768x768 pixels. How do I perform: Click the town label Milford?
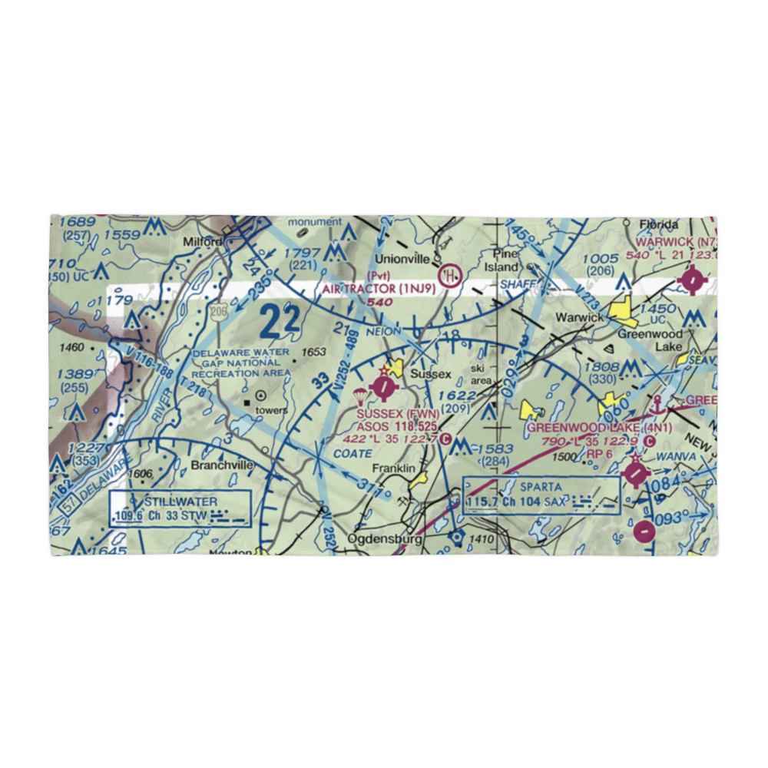tap(203, 241)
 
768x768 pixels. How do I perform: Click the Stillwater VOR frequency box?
tap(180, 507)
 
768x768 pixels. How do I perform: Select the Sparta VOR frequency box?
tap(541, 495)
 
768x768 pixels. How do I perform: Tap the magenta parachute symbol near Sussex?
tap(359, 396)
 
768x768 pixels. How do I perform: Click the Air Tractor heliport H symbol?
tap(449, 273)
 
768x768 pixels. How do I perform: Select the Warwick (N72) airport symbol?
tap(693, 280)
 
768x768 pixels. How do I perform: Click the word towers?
tap(272, 410)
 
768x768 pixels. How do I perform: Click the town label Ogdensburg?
tap(385, 539)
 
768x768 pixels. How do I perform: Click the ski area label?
tap(482, 375)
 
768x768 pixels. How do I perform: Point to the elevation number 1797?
tap(301, 253)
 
